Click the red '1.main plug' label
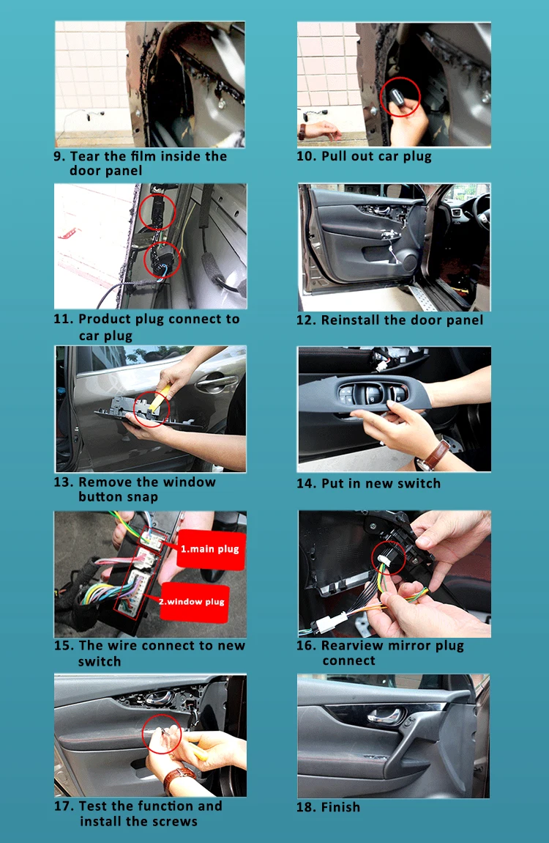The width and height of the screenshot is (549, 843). pos(211,548)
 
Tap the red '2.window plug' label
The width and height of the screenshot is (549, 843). pos(192,602)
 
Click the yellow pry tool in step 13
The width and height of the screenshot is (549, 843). pos(161,398)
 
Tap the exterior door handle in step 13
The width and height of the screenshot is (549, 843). pos(216,380)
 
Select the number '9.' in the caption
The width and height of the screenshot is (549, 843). pos(59,156)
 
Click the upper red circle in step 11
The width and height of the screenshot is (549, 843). pos(157,212)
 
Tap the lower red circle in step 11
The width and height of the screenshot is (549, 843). pos(162,259)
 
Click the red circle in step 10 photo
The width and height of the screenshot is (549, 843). pos(400,97)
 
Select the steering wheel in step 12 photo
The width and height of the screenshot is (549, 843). pos(479,210)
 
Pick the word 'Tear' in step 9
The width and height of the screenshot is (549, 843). pos(85,156)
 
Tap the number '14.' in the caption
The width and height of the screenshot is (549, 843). pos(306,483)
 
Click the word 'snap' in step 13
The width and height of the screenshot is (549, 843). pos(142,497)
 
